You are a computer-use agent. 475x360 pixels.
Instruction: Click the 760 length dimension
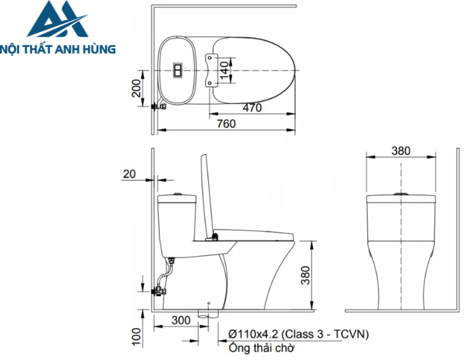coord(227,123)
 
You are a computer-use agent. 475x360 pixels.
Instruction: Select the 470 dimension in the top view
coord(252,107)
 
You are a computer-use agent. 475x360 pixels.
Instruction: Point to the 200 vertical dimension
coord(137,88)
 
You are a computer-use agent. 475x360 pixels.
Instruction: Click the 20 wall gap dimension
coord(129,175)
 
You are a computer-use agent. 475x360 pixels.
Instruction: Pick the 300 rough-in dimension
coord(180,320)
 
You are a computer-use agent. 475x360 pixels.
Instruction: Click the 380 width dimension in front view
coord(401,151)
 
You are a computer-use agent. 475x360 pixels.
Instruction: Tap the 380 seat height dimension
coord(306,274)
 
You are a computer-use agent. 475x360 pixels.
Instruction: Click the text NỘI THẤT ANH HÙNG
coord(58,49)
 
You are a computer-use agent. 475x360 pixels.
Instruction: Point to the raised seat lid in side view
coord(203,197)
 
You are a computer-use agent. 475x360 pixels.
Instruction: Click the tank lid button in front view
coord(401,195)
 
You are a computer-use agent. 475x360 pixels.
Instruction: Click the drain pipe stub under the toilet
coord(207,314)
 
